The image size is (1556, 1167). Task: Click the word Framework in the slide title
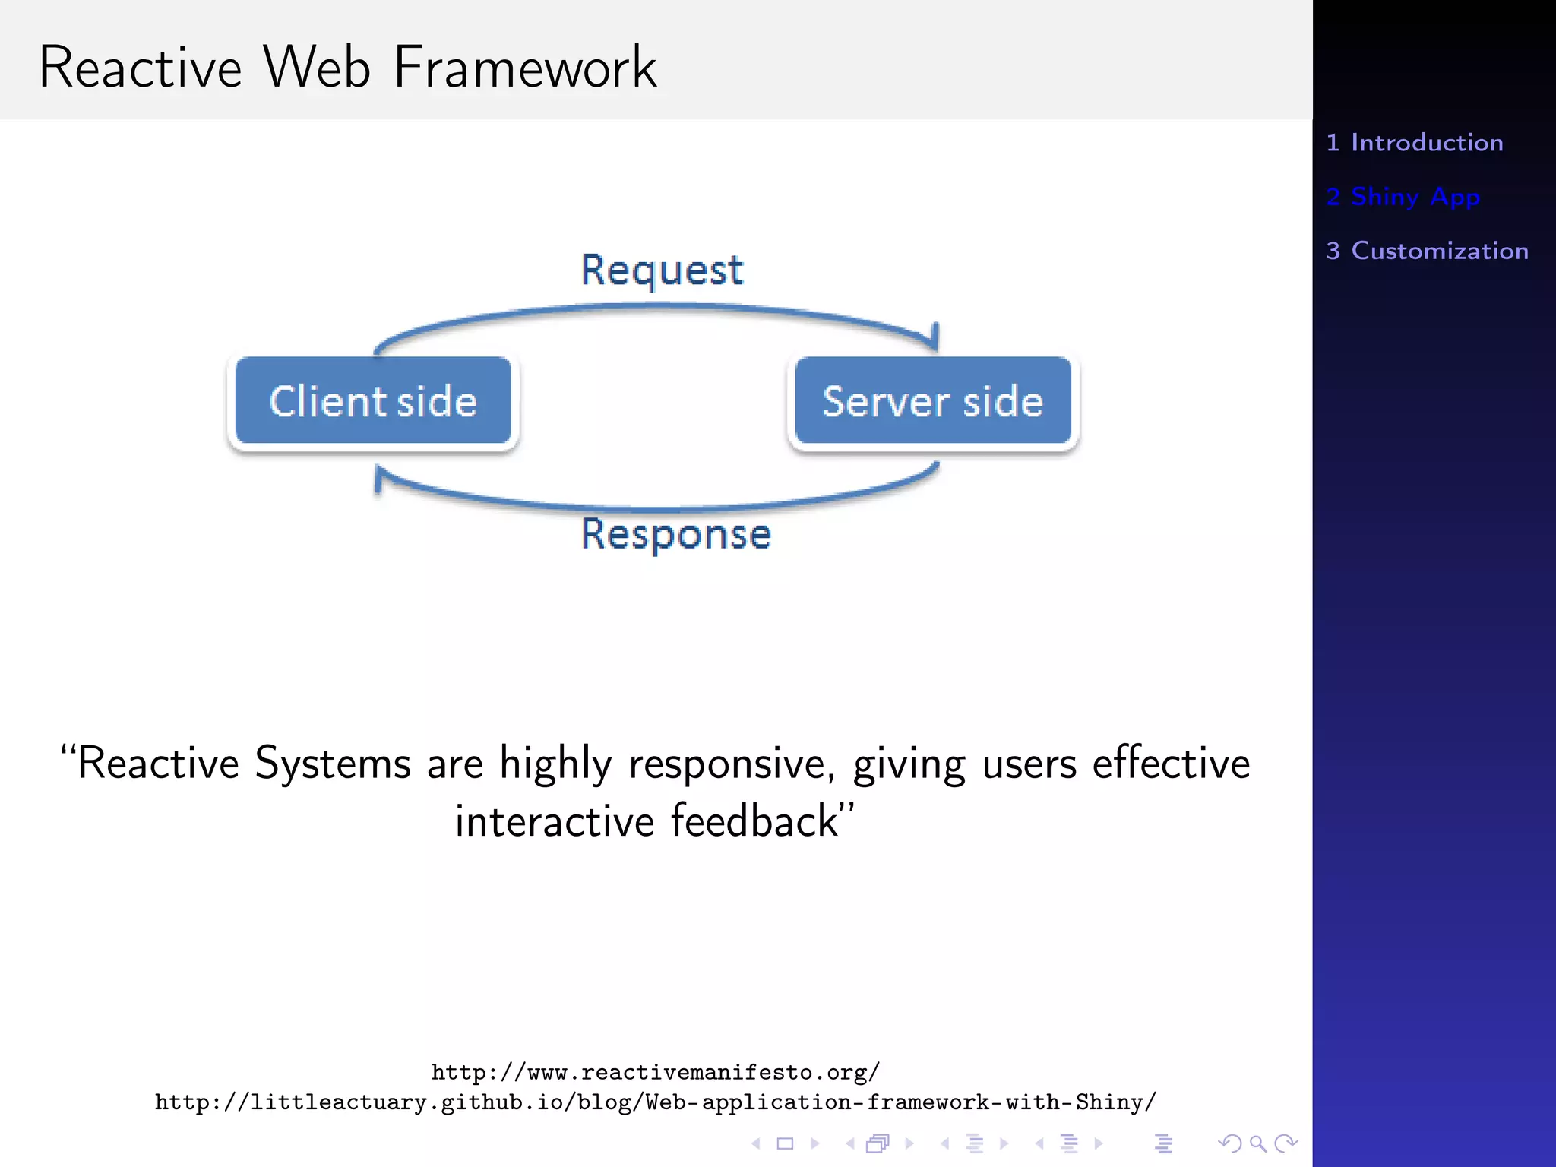(x=524, y=68)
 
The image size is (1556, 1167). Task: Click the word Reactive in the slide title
(x=141, y=68)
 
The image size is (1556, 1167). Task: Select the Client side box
(x=373, y=400)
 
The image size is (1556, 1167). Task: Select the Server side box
(x=933, y=400)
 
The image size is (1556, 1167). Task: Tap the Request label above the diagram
(x=662, y=270)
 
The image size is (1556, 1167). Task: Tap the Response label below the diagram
(x=676, y=533)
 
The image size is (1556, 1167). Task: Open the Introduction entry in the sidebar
(x=1415, y=143)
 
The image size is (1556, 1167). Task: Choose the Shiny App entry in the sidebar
(x=1403, y=197)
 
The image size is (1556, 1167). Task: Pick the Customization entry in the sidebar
(x=1427, y=251)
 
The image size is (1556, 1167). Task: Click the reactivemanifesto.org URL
(x=656, y=1072)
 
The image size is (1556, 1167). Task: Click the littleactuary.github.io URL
(x=656, y=1102)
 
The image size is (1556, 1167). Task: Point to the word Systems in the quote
(x=332, y=764)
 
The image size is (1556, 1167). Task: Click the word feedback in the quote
(x=754, y=821)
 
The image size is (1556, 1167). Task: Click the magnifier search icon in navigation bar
(x=1257, y=1143)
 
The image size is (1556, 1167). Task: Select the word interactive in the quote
(x=555, y=821)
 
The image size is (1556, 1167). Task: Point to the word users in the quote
(x=1029, y=764)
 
